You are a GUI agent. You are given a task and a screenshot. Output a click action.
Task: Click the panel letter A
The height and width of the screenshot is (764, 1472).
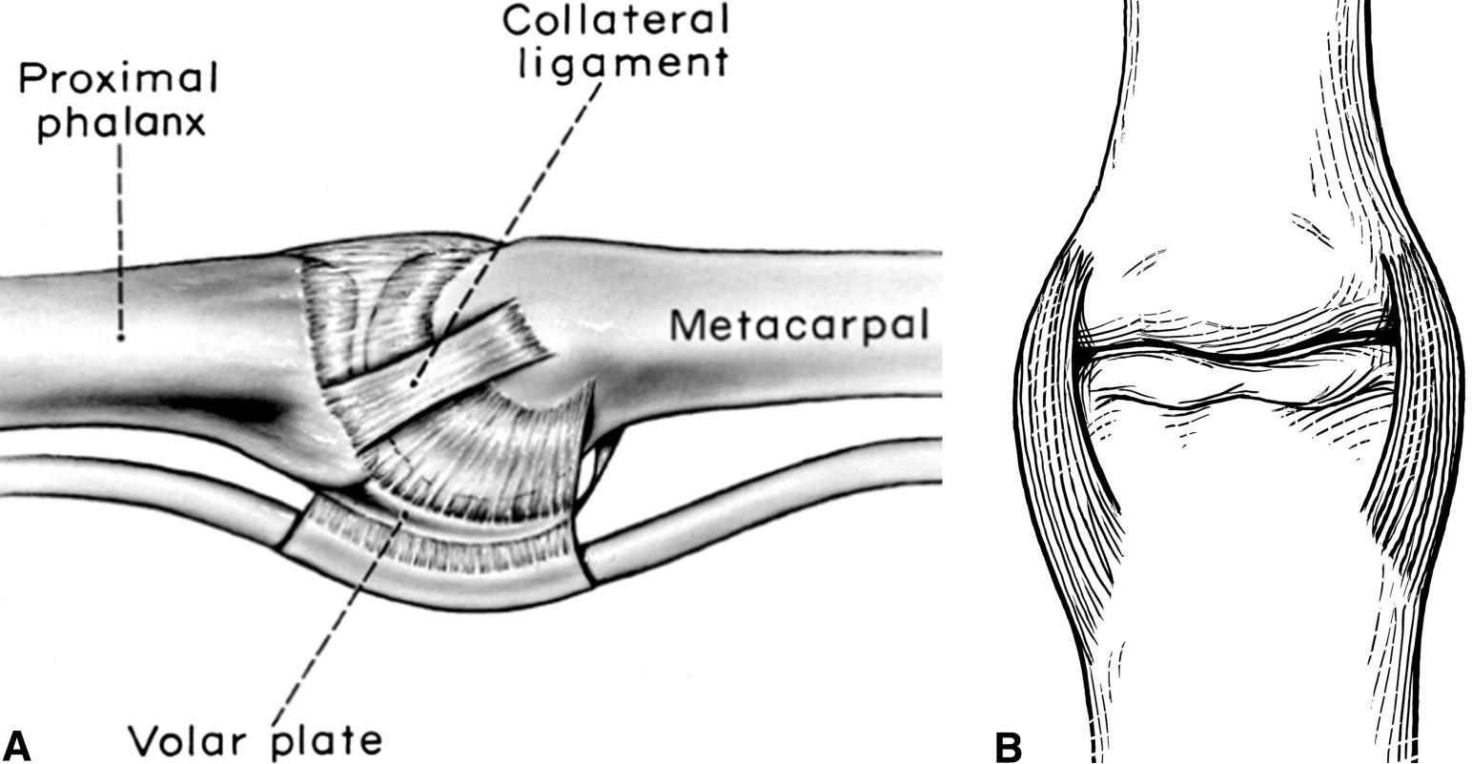coord(18,745)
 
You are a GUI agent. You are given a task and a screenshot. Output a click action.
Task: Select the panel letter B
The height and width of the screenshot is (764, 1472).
coord(1009,745)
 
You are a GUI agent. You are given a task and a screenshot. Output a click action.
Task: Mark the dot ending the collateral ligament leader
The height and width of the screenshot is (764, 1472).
coord(414,383)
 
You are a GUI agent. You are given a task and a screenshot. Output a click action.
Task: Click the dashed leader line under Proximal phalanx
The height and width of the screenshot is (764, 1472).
coord(121,238)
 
